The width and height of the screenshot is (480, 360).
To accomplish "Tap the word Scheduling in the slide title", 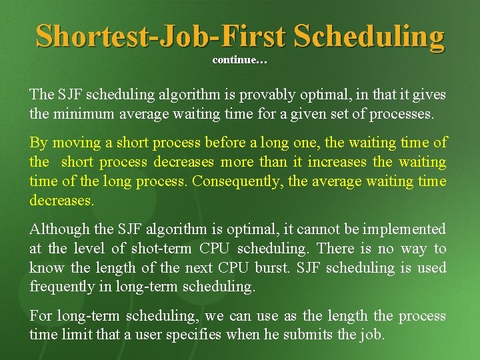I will point(369,36).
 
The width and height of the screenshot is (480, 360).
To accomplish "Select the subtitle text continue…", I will point(240,61).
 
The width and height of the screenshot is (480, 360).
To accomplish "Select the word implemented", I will point(404,229).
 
